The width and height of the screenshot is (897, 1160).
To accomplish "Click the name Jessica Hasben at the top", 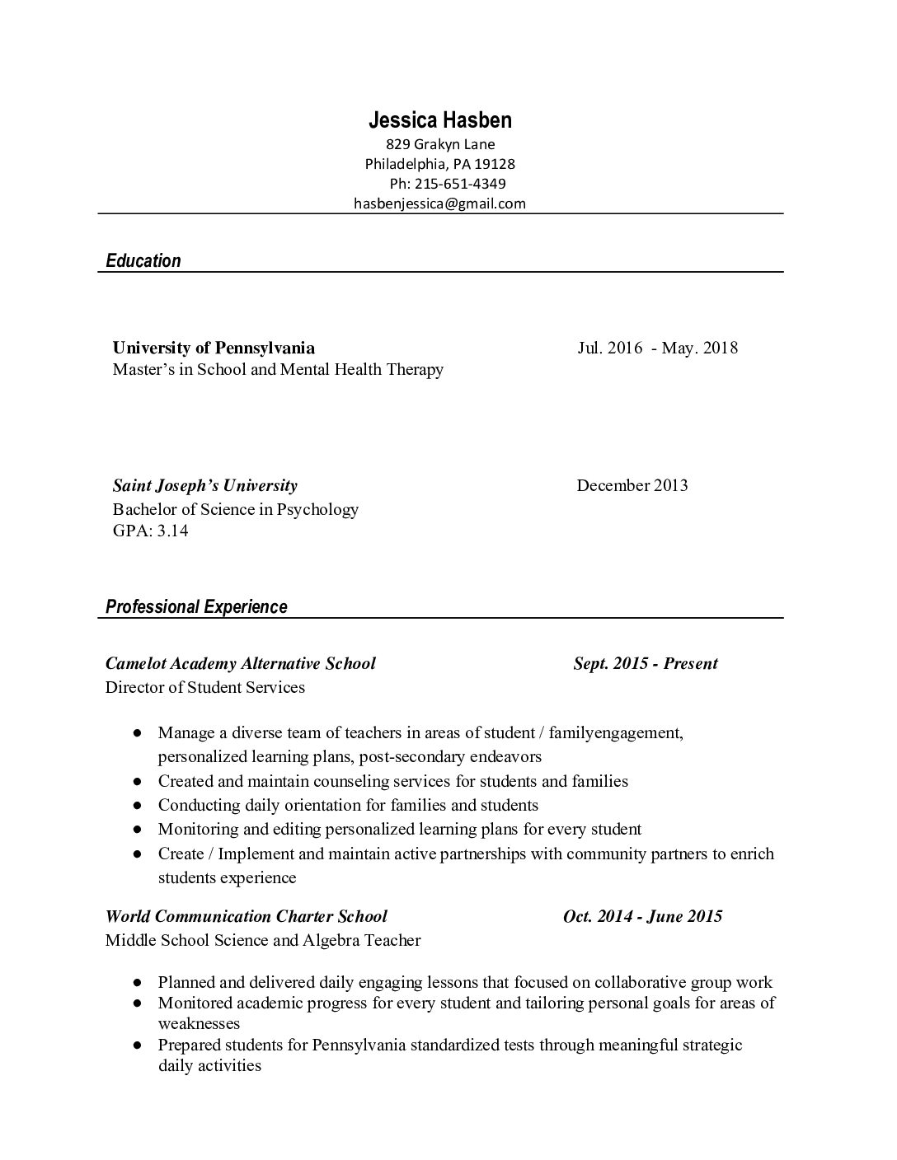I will coord(439,120).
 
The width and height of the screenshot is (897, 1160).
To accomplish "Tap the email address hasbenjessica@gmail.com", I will coord(439,203).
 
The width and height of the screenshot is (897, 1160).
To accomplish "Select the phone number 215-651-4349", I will coord(459,184).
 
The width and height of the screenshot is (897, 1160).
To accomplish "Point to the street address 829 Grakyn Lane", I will coord(440,144).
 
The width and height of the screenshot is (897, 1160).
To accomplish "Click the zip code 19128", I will coord(495,164).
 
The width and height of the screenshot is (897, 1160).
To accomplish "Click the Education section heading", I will coord(143,261).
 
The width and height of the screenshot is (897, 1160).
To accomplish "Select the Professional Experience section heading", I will coord(196,607).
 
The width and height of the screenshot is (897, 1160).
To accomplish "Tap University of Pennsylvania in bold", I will coord(214,348).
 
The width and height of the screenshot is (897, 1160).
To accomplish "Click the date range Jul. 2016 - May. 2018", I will coord(657,348).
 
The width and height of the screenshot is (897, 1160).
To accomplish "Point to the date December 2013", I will coord(632,485).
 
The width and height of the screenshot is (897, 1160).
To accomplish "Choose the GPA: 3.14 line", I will coord(150,531).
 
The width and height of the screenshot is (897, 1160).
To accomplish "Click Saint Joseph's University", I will coord(204,485).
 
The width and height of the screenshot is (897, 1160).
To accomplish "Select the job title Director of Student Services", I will coord(204,687).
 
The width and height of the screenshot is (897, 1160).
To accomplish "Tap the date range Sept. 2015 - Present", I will coord(646,663).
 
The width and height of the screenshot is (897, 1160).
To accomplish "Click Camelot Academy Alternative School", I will coord(240,663).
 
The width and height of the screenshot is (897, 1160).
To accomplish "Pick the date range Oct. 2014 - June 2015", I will coord(642,916).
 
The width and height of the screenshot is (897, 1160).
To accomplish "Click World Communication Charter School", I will coord(246,916).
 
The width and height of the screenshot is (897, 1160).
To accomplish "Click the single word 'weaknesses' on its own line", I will coord(199,1024).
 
